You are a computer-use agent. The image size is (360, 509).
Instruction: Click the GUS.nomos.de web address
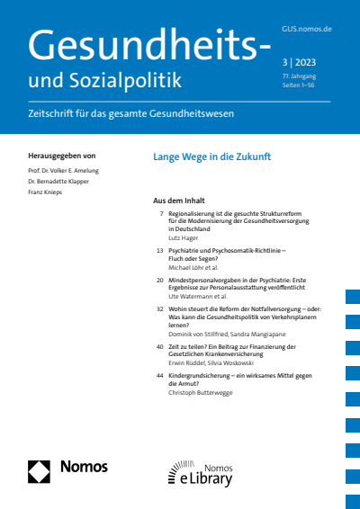pos(307,30)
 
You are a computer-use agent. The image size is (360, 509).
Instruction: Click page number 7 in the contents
pos(160,214)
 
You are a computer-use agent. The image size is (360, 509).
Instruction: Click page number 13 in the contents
pos(159,249)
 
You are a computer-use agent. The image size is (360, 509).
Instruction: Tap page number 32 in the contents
pos(159,307)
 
